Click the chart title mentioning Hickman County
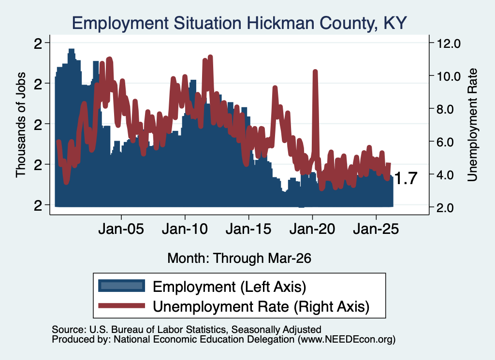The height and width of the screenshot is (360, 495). (x=239, y=23)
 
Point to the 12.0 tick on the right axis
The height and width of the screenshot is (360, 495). (x=448, y=43)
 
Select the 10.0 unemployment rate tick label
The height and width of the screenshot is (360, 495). (x=448, y=76)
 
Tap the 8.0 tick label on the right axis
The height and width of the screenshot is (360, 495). (x=448, y=109)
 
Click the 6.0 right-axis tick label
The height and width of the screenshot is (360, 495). (x=448, y=142)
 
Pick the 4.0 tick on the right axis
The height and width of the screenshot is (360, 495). (x=448, y=175)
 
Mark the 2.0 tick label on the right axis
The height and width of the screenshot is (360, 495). (x=448, y=208)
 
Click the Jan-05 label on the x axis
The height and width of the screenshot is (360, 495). (x=121, y=229)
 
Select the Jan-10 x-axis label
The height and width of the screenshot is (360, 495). (x=185, y=229)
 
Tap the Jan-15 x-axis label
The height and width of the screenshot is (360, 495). (x=248, y=229)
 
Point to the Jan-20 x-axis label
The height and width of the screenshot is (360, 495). (x=312, y=229)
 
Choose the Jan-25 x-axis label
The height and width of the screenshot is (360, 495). (x=376, y=229)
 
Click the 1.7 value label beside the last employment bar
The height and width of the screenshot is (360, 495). (x=406, y=178)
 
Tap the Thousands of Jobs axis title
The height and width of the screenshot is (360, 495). (x=20, y=125)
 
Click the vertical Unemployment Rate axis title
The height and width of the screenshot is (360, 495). (x=472, y=125)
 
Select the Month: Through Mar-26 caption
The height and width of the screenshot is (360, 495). (x=239, y=258)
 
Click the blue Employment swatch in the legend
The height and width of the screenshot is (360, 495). (x=121, y=286)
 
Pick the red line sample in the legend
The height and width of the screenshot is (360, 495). (x=121, y=305)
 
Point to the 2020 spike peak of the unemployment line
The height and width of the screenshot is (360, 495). (x=315, y=71)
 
